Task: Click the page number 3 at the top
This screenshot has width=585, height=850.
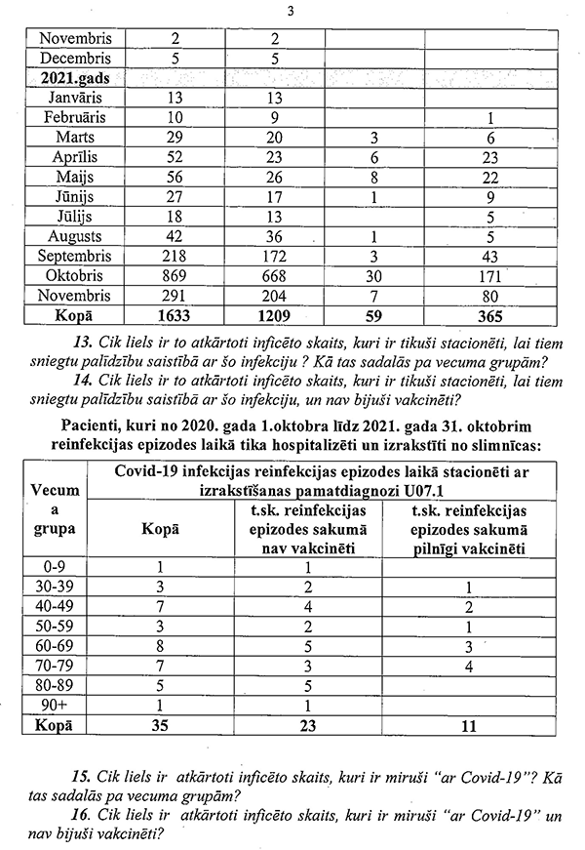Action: [292, 11]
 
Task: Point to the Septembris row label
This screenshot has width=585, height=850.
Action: [74, 257]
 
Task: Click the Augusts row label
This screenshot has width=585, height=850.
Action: [74, 236]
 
